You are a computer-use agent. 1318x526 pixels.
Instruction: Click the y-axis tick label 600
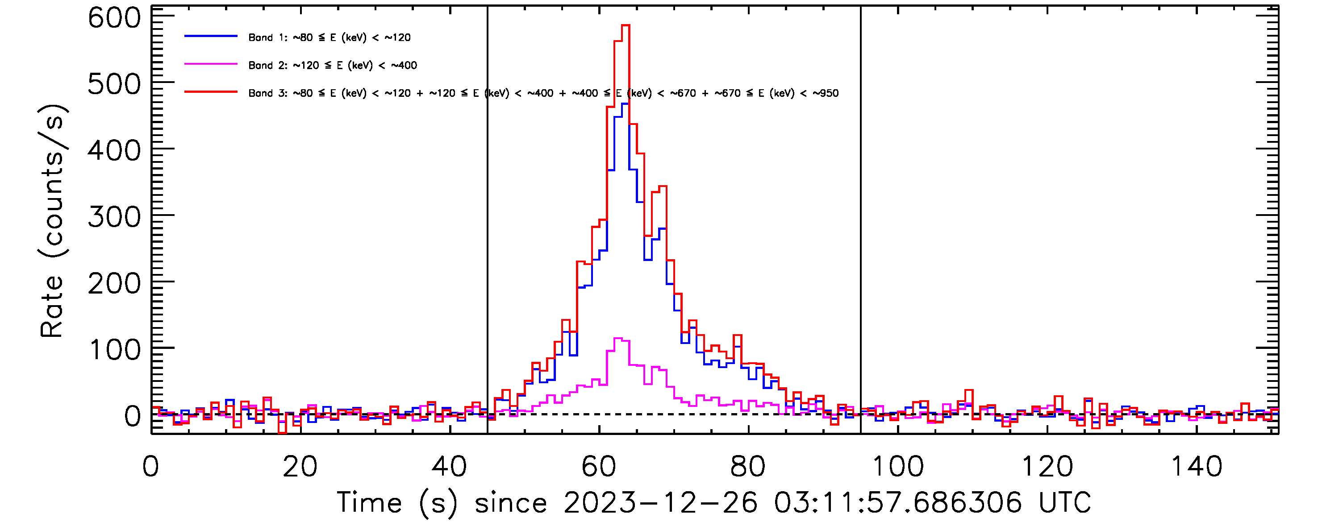pyautogui.click(x=114, y=18)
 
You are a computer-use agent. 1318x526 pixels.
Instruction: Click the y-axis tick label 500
pyautogui.click(x=114, y=84)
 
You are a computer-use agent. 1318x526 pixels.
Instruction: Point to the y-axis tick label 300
pyautogui.click(x=114, y=217)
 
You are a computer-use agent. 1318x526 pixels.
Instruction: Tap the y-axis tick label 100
pyautogui.click(x=114, y=350)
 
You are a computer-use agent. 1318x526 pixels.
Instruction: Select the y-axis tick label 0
pyautogui.click(x=132, y=416)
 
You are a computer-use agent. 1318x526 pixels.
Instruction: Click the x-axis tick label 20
pyautogui.click(x=300, y=467)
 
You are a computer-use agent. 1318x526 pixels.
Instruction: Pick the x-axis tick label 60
pyautogui.click(x=599, y=467)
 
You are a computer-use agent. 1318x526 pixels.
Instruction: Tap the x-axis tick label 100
pyautogui.click(x=897, y=467)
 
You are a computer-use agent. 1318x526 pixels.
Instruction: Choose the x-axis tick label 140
pyautogui.click(x=1196, y=467)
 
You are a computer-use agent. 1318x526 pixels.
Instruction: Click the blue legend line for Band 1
pyautogui.click(x=211, y=36)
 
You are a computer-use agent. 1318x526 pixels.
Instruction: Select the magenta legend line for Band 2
pyautogui.click(x=211, y=64)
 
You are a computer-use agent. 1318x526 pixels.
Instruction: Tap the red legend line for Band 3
pyautogui.click(x=211, y=92)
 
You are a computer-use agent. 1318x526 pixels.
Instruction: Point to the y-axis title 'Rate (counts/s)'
pyautogui.click(x=52, y=221)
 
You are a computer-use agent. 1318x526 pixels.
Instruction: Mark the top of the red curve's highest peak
pyautogui.click(x=625, y=25)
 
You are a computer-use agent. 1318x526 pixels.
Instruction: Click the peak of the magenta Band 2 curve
pyautogui.click(x=618, y=339)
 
